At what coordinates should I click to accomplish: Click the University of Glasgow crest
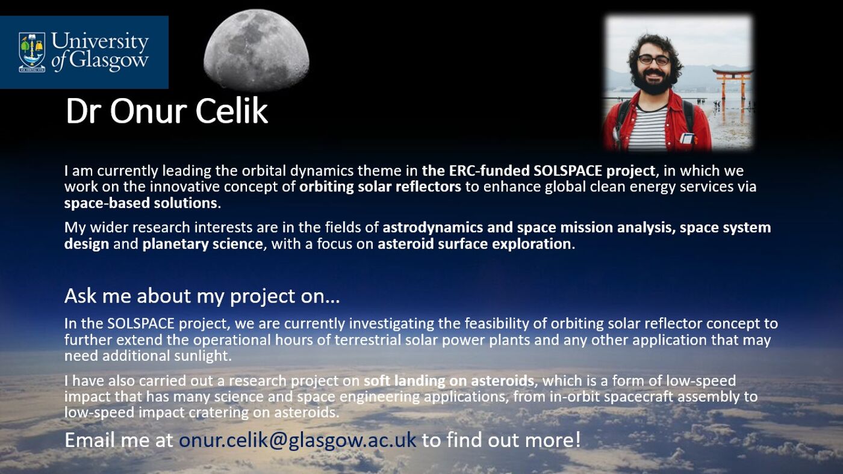(32, 52)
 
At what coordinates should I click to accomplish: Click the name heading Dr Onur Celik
(166, 111)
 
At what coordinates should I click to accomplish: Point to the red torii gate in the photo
(732, 84)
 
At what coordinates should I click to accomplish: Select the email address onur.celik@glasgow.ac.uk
(297, 440)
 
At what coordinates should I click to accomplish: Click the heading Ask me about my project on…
(202, 296)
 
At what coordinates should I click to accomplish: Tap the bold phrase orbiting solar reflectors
(380, 186)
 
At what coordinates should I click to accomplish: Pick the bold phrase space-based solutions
(141, 203)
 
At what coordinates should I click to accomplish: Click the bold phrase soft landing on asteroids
(449, 381)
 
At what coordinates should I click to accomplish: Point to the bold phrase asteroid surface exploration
(474, 244)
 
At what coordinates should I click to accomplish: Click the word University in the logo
(100, 42)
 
